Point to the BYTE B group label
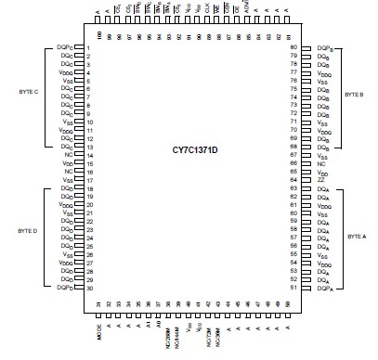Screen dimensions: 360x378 tap(355, 95)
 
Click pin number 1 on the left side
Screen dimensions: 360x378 tap(86, 47)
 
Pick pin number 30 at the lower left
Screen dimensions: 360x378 tap(86, 288)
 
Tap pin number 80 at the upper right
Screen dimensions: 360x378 tap(293, 47)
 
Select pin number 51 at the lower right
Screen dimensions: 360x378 tap(293, 289)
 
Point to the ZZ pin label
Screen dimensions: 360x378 tap(320, 181)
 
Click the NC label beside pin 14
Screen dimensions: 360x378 tap(68, 156)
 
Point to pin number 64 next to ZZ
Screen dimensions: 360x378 tap(293, 181)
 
